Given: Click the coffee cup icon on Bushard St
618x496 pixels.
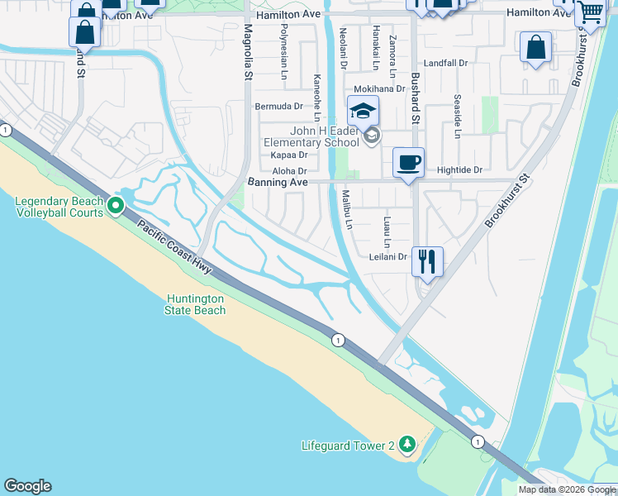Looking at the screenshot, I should coord(407,161).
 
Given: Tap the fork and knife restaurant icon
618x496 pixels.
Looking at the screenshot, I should coord(427,261).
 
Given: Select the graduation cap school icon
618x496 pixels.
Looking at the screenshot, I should coord(363,111).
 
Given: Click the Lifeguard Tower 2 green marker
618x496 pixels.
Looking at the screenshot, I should coord(406,445).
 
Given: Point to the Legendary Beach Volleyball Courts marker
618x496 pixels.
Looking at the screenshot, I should coord(116,205).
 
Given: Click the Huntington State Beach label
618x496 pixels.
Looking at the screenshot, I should coord(196,304).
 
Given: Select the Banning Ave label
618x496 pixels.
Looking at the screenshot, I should coord(278,182).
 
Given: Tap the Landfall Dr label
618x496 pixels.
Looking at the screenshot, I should coord(445,63).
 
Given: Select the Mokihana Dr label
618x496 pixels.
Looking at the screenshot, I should coord(379,88).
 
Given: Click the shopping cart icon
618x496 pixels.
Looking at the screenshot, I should coord(590,13).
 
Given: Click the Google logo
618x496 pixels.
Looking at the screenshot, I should coord(27,486).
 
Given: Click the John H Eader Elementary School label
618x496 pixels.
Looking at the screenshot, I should coord(311,136).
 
